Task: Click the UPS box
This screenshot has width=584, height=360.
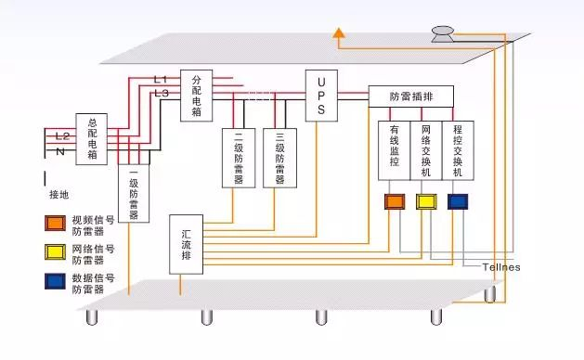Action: (x=320, y=96)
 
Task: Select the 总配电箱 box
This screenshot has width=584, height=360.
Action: (x=92, y=138)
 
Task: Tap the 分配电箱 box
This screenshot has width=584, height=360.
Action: (x=196, y=96)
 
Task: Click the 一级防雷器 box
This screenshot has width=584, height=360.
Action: (x=134, y=193)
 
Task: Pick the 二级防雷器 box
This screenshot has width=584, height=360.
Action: (x=239, y=158)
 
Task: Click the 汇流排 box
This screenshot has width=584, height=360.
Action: (x=187, y=244)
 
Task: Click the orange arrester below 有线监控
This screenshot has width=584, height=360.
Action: (x=394, y=201)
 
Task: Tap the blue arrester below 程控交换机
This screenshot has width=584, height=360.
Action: (x=458, y=201)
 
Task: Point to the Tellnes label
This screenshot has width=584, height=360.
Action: (x=501, y=267)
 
